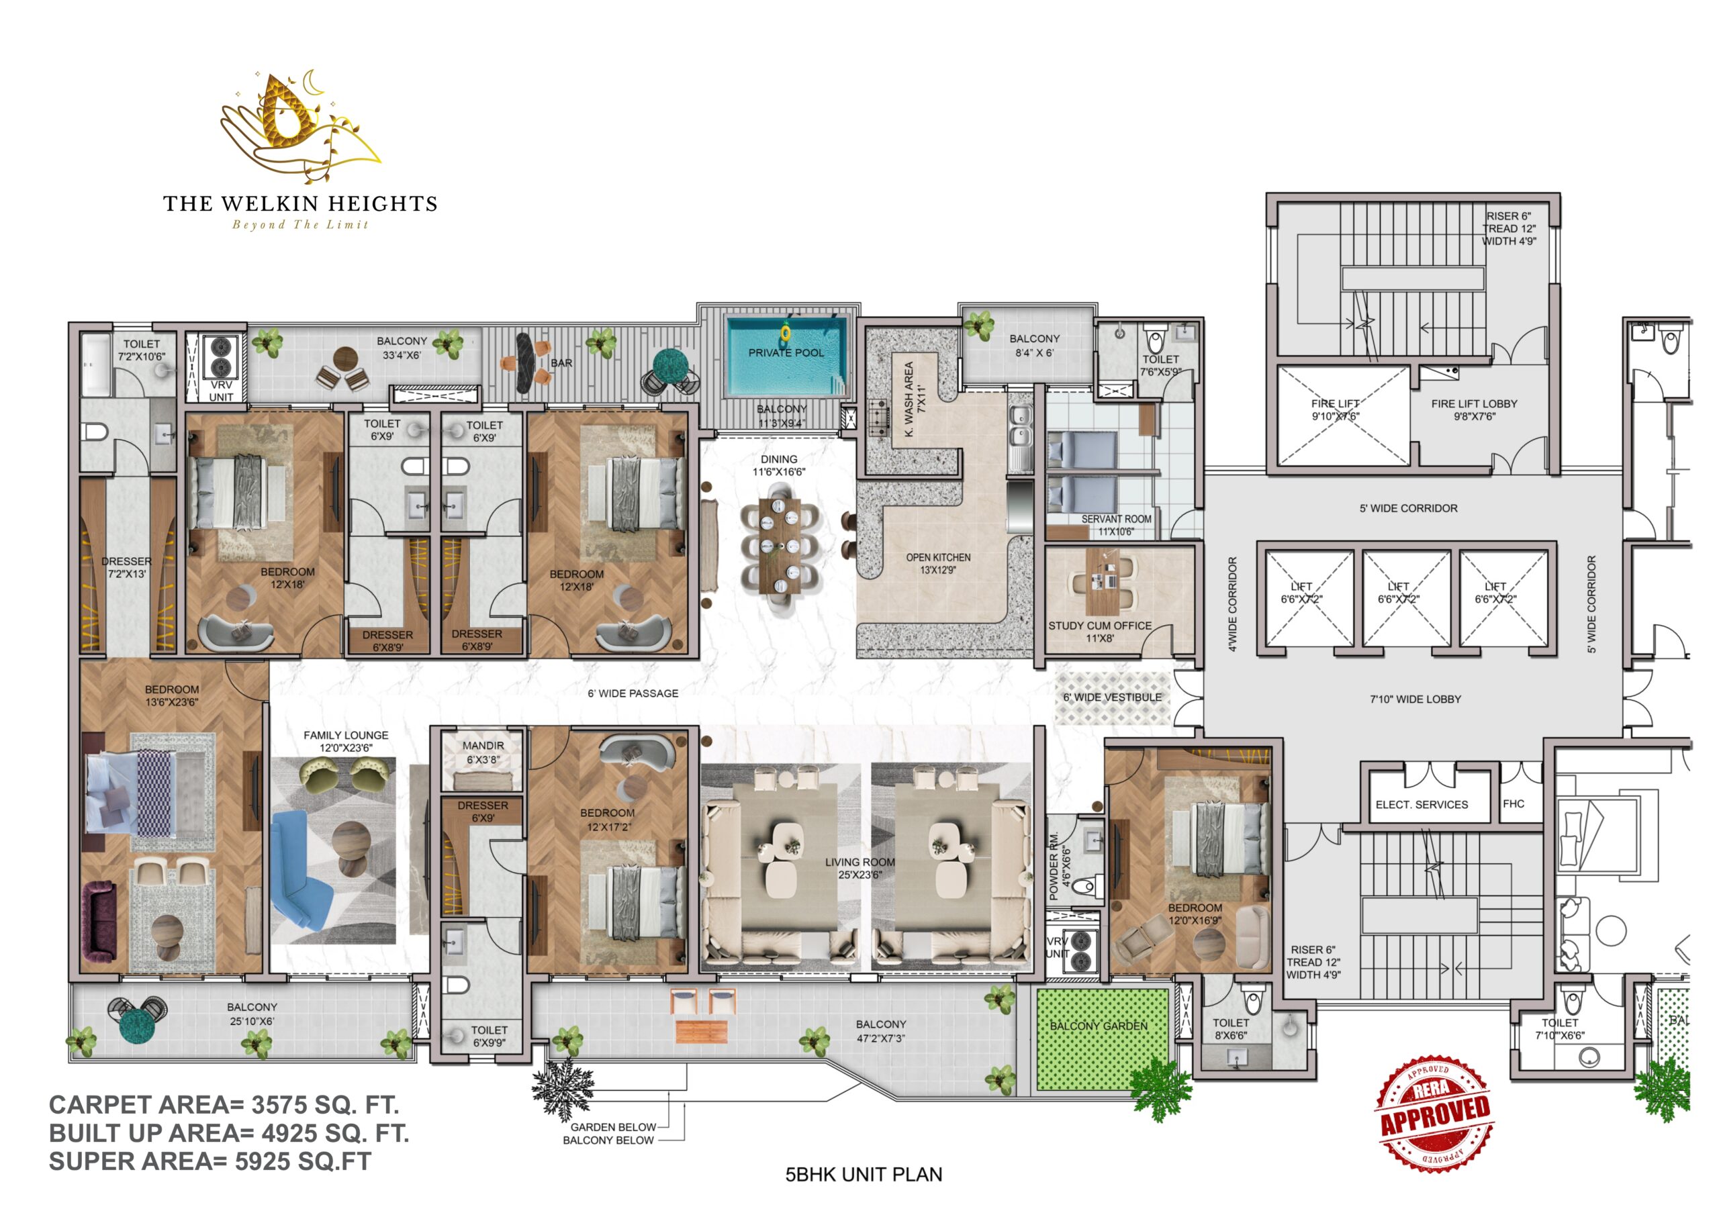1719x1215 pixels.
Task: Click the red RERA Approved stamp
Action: [x=1433, y=1113]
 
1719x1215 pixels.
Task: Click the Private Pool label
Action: [x=786, y=352]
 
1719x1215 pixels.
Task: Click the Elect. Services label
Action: [x=1422, y=805]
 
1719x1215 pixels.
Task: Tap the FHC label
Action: [x=1513, y=804]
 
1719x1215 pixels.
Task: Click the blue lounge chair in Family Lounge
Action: [x=301, y=870]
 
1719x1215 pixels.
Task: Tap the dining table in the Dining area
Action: [x=780, y=546]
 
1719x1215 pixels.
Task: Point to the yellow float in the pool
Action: [x=786, y=332]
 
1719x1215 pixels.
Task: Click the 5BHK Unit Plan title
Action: [x=864, y=1175]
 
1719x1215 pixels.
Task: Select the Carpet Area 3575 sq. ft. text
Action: [x=224, y=1105]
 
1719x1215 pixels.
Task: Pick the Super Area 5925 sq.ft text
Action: [x=210, y=1161]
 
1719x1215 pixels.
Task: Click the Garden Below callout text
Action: [x=613, y=1128]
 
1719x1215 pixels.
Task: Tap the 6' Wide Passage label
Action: [x=633, y=694]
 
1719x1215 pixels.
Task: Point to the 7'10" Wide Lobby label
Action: [x=1415, y=699]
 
